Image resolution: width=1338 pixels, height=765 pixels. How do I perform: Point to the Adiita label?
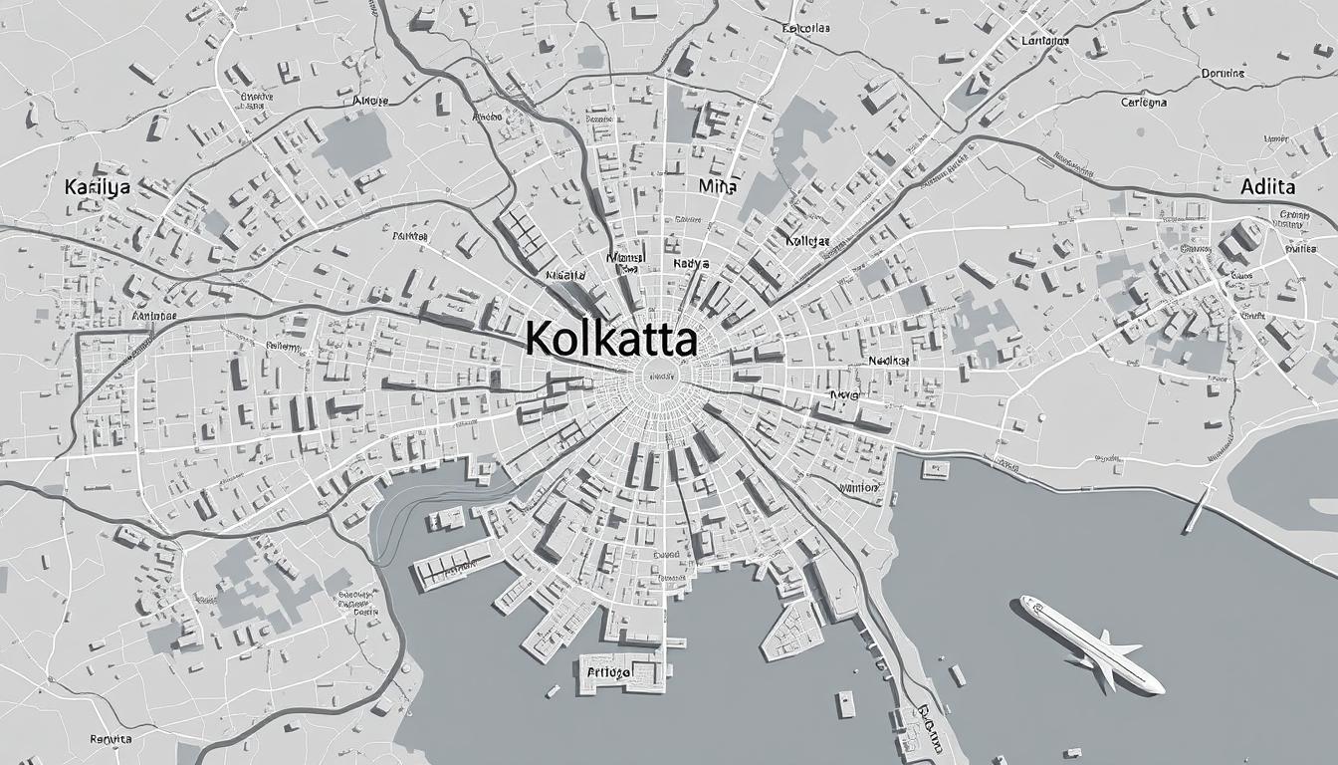click(x=1267, y=186)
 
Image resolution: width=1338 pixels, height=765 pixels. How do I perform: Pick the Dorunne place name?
click(x=1223, y=73)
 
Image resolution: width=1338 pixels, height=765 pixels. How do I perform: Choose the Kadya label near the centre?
click(x=691, y=264)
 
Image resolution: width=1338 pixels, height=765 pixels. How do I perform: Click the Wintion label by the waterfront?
click(x=859, y=488)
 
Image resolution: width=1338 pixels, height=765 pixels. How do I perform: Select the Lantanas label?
click(x=1044, y=42)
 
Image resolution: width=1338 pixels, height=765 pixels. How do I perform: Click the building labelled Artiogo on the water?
click(x=617, y=674)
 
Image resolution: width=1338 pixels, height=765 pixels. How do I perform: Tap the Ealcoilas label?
click(x=806, y=29)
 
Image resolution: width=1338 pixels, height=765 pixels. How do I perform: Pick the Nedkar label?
click(x=888, y=360)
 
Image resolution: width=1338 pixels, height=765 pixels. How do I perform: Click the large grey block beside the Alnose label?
click(x=353, y=142)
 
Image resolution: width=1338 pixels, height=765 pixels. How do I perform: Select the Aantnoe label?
click(x=154, y=316)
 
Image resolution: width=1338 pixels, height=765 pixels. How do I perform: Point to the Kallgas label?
click(x=806, y=241)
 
